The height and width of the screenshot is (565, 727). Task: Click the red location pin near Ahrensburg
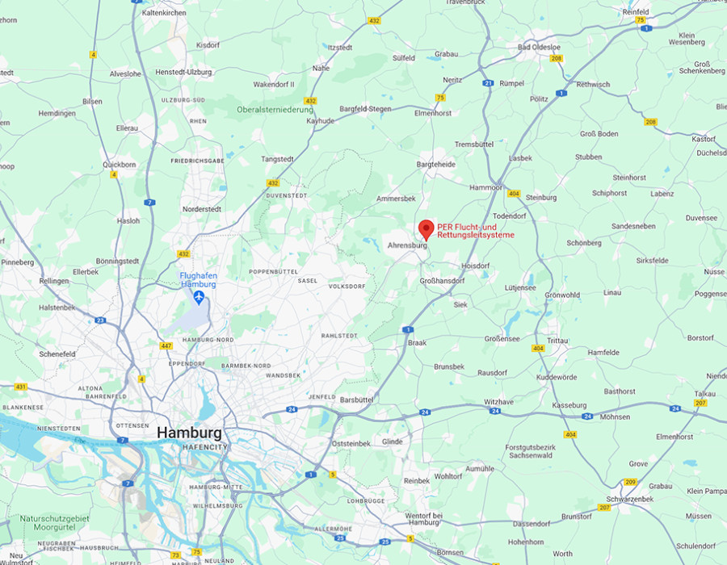(426, 228)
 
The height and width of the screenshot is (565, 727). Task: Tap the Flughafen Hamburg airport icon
(198, 297)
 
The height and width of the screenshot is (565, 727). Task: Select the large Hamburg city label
(188, 433)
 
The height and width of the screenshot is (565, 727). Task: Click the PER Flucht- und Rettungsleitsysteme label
(475, 231)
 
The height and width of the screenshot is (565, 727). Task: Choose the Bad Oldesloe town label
(539, 48)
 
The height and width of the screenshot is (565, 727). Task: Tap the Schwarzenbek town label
(631, 499)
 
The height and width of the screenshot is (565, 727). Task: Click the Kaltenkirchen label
(164, 13)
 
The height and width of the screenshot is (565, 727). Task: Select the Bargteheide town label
(435, 164)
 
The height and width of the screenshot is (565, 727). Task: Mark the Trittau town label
(557, 341)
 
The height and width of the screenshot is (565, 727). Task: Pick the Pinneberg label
(17, 262)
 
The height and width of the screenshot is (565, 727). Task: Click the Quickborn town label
(120, 164)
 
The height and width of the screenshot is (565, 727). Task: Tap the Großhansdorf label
(443, 280)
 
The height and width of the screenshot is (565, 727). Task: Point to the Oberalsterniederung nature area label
(275, 110)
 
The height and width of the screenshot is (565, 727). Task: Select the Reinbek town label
(417, 480)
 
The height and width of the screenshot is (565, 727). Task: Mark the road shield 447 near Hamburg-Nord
(166, 345)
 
